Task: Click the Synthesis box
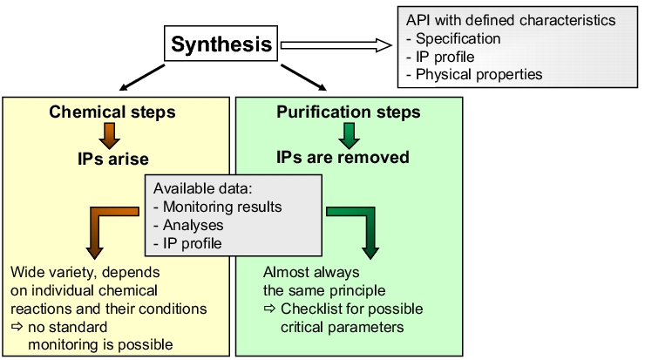point(221,44)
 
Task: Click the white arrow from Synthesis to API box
point(336,44)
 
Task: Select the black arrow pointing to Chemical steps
point(142,77)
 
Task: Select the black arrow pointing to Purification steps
point(303,77)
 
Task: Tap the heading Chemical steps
point(112,112)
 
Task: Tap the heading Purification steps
point(349,112)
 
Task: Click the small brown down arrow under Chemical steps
point(110,136)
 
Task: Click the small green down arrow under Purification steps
point(350,136)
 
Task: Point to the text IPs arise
point(113,159)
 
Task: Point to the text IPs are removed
point(343,157)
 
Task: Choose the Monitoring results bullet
point(218,207)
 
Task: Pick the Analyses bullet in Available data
point(188,225)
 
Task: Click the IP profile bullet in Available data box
point(187,243)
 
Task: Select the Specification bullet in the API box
point(453,38)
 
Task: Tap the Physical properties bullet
point(474,74)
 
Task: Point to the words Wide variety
point(54,272)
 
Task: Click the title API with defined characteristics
point(511,20)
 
